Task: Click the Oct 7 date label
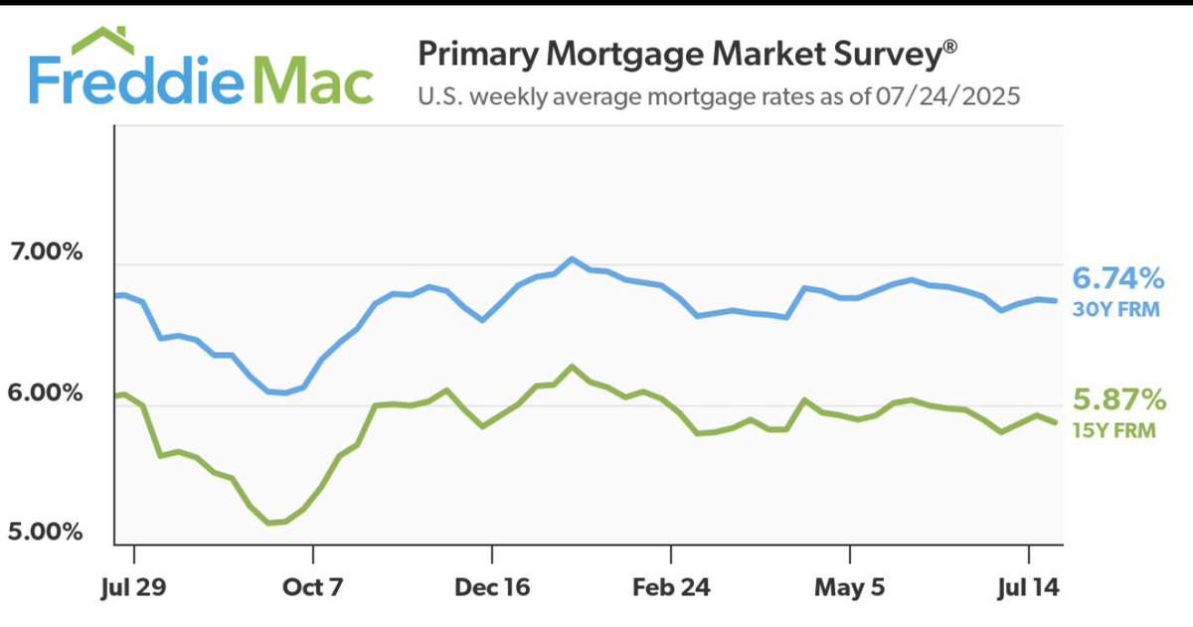pos(312,586)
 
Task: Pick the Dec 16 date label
pos(491,586)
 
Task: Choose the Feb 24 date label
pos(671,586)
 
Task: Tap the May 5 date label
pos(850,586)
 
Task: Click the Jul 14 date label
pos(1028,586)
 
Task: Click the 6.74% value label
pos(1117,278)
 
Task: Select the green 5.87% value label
pos(1117,400)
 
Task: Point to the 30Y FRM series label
pos(1115,309)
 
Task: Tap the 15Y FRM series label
pos(1115,430)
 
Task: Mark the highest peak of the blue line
pos(572,258)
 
